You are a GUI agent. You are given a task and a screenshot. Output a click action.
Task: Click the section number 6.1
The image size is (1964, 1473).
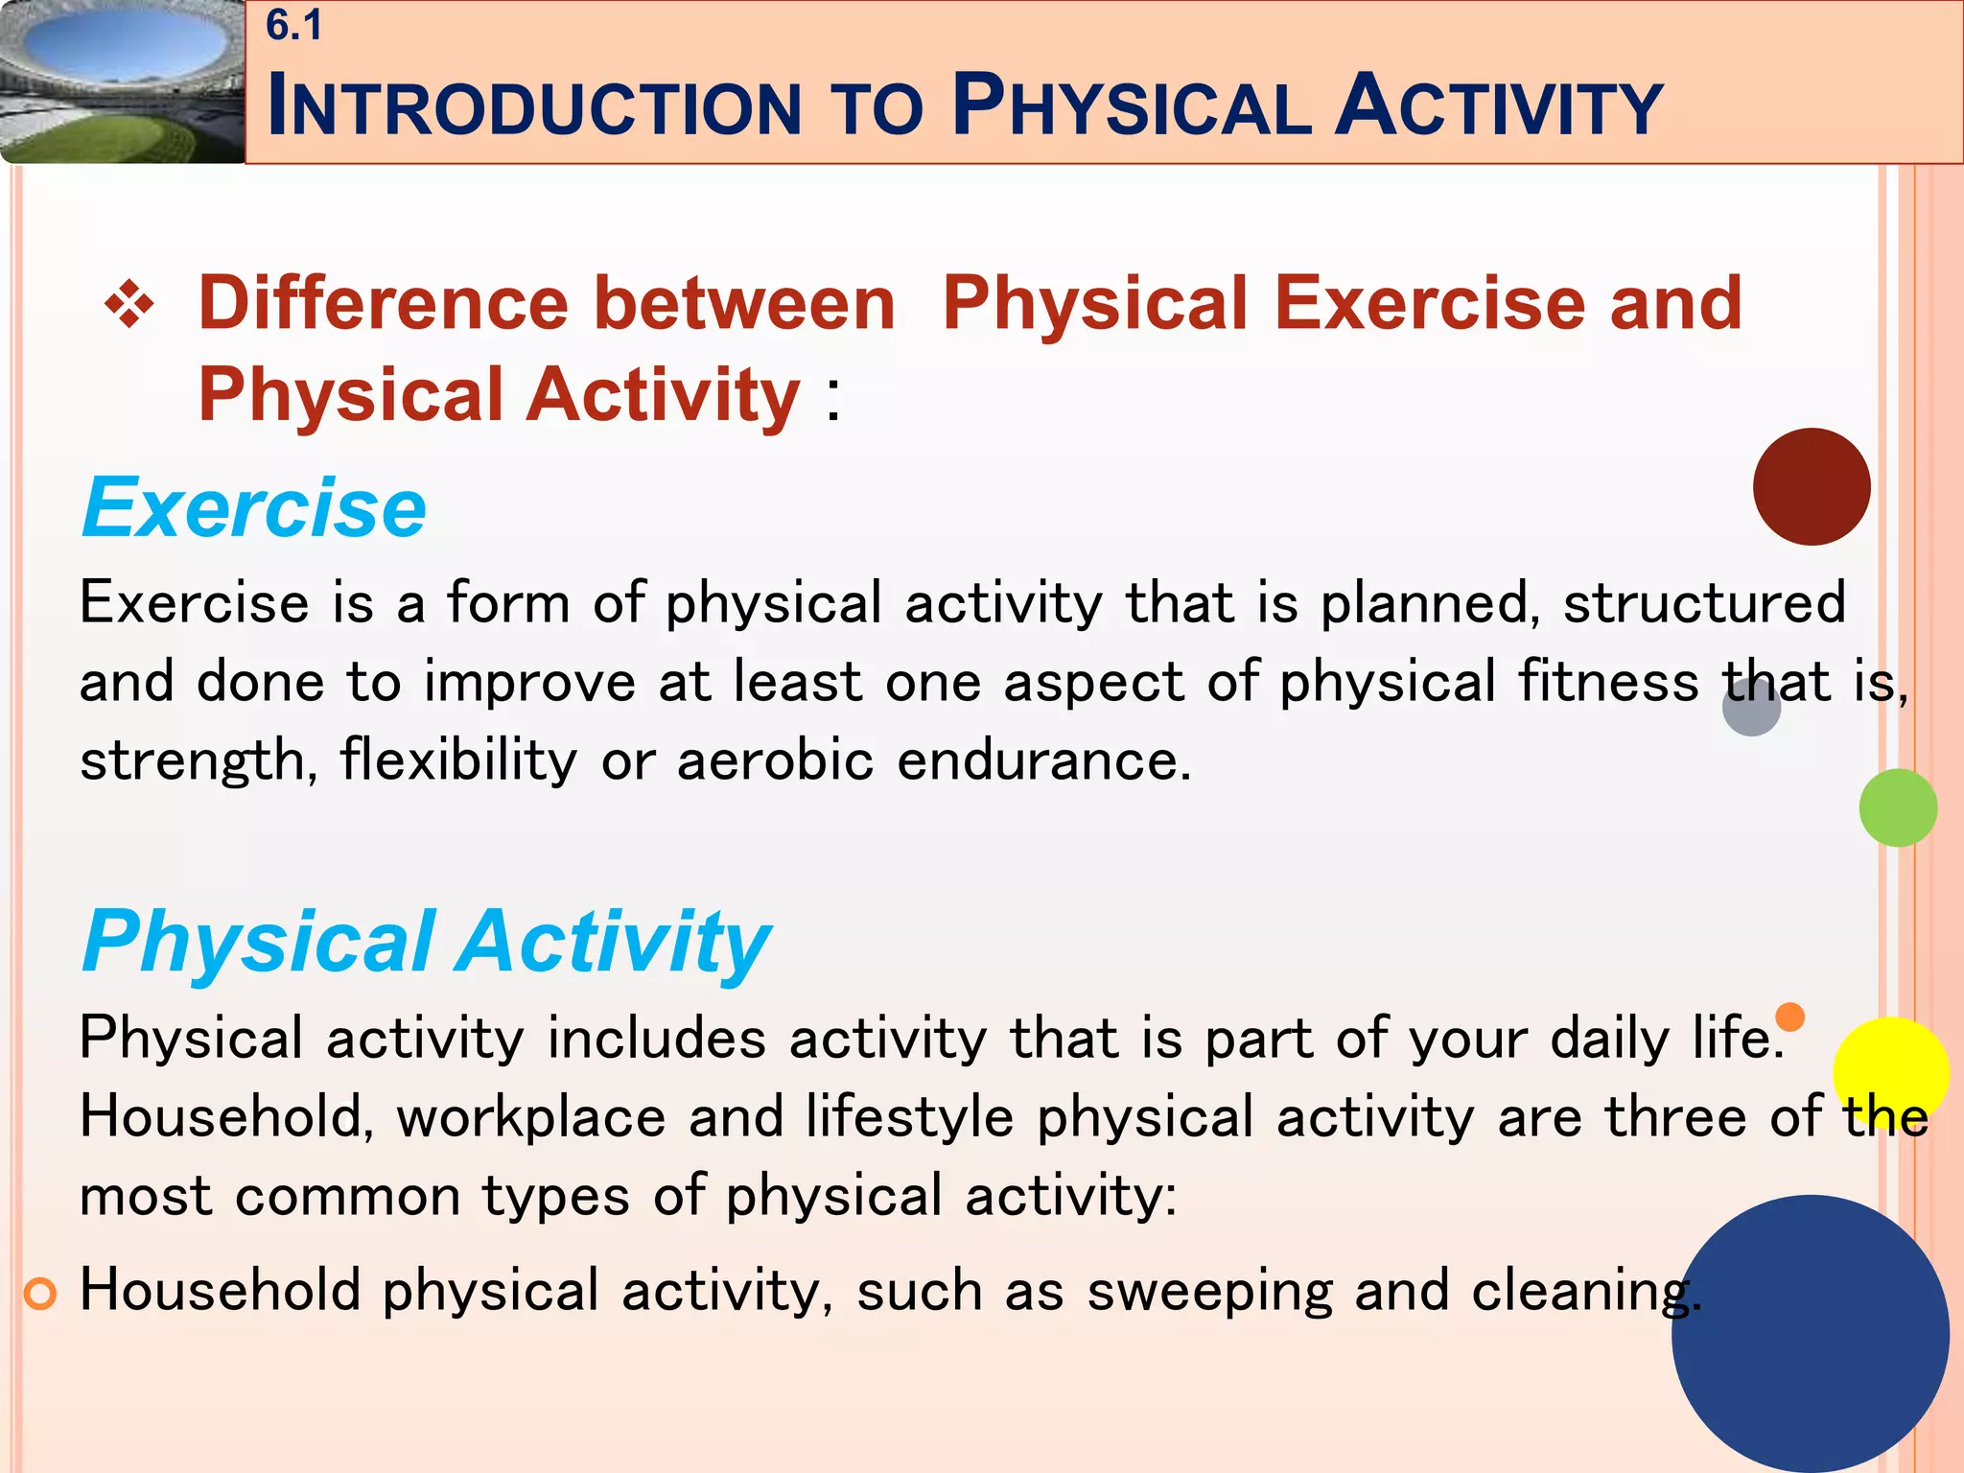pos(293,26)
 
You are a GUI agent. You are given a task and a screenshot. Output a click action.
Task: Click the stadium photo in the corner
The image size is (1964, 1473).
pos(121,82)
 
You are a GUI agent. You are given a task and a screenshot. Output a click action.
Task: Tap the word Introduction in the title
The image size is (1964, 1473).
pos(533,105)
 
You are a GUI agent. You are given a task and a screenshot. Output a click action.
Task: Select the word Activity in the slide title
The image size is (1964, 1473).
pos(1498,105)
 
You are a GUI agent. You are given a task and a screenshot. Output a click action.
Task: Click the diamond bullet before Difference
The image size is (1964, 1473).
pos(129,307)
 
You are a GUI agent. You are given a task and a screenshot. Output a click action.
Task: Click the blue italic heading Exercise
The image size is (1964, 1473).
pos(254,507)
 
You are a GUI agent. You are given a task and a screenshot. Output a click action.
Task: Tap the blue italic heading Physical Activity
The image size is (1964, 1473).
pos(426,942)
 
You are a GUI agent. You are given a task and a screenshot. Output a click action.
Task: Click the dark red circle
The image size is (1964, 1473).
pos(1811,487)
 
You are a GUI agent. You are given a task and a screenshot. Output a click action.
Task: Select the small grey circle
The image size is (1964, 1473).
pos(1751,708)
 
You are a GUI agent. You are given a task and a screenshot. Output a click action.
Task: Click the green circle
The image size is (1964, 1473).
pos(1897,807)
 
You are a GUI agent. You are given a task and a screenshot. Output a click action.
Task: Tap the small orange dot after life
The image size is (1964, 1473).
pos(1789,1016)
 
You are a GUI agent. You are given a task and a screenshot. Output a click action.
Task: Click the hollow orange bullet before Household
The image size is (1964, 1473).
pos(40,1295)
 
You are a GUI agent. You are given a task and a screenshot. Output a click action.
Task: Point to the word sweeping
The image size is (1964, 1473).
pos(1208,1291)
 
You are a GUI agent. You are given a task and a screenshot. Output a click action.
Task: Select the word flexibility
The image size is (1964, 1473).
pos(458,760)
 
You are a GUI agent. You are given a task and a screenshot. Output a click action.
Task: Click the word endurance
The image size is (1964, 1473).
pos(1043,760)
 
